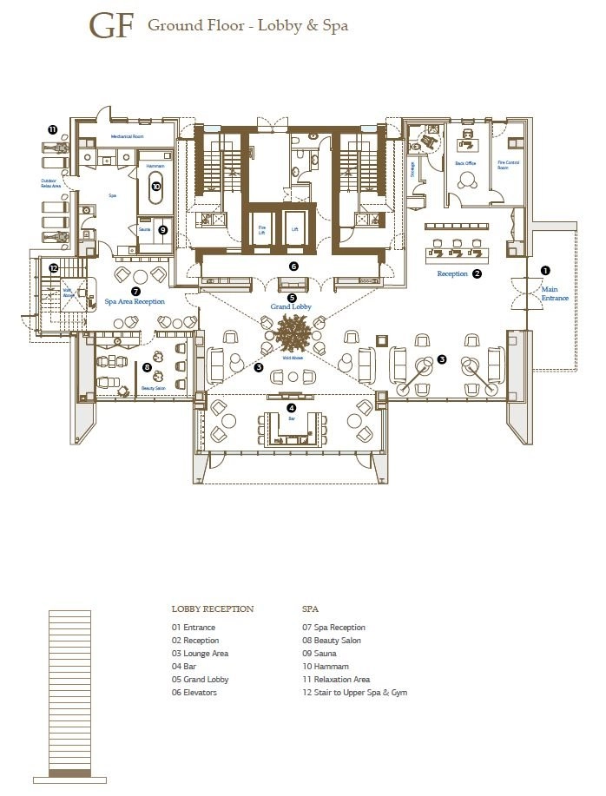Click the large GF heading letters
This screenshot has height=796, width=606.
(x=112, y=27)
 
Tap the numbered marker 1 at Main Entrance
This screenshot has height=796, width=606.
(x=545, y=270)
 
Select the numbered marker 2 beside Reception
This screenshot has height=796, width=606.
(x=477, y=273)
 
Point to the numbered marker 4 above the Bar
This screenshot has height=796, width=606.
(x=292, y=407)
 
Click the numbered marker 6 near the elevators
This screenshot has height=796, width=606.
(x=293, y=266)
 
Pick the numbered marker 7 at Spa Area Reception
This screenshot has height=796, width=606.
(x=135, y=292)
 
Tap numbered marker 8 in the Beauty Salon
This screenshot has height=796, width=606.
(x=147, y=367)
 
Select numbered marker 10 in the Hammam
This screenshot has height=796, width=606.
(x=156, y=186)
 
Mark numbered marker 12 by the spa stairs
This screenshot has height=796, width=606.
(x=53, y=267)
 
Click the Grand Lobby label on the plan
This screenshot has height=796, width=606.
(x=292, y=306)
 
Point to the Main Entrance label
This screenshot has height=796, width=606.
(x=555, y=293)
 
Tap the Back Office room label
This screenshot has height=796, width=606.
(x=465, y=163)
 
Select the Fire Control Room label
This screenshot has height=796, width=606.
(x=509, y=164)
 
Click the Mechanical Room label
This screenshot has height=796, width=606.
(x=126, y=137)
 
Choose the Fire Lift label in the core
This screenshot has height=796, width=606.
(x=260, y=230)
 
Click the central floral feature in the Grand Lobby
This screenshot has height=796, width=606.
(x=293, y=332)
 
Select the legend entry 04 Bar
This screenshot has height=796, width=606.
(x=186, y=666)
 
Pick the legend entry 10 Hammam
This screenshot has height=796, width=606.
(x=324, y=666)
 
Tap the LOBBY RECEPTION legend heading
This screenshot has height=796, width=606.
(x=213, y=609)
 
